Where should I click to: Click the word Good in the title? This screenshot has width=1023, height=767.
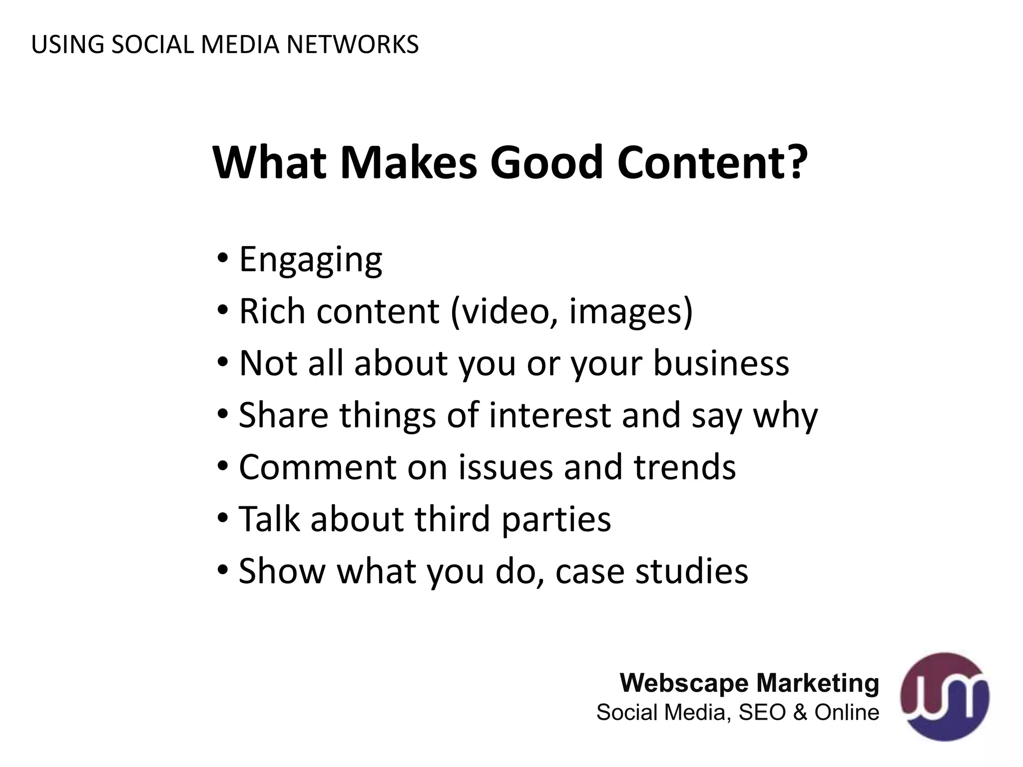pos(547,163)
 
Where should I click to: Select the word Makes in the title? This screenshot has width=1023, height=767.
pos(409,163)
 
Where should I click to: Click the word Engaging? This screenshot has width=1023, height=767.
pos(311,260)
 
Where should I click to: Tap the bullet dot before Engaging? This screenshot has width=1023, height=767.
pos(223,259)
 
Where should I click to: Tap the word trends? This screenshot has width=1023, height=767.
pos(685,467)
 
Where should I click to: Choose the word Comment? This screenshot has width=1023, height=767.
pos(318,467)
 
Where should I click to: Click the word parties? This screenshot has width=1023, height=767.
pos(556,519)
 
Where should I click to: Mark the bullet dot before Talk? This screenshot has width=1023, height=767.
pos(223,518)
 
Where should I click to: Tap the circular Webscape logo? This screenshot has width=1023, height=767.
pos(945,696)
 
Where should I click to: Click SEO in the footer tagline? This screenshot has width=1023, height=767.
pos(762,712)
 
